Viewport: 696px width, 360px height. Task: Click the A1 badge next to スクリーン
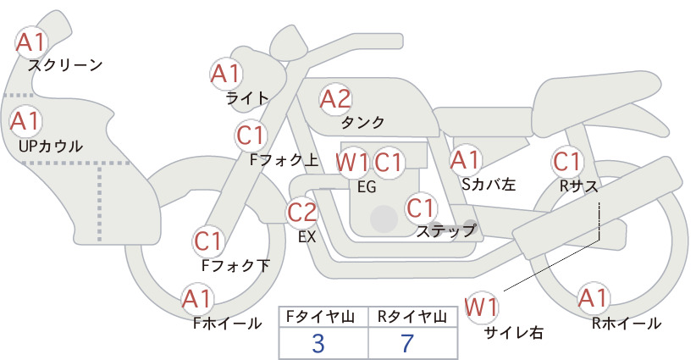coord(30,42)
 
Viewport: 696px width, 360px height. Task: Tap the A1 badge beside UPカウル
coord(25,121)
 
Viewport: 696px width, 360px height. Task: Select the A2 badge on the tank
coord(335,99)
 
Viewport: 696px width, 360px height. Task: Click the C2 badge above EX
coord(301,212)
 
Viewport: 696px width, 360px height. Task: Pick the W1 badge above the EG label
coord(351,163)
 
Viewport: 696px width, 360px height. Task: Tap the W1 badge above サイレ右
coord(481,307)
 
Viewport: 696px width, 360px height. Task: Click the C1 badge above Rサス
coord(566,162)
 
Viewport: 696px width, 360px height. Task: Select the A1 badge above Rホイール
coord(593,298)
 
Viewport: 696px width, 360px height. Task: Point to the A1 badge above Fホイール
coord(196,299)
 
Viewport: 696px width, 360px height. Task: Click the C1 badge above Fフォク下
coord(207,241)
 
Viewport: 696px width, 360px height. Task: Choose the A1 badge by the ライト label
coord(225,74)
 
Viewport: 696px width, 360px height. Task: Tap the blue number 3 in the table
coord(318,344)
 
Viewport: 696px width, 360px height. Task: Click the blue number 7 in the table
coord(407,343)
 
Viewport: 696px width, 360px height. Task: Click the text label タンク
coord(362,122)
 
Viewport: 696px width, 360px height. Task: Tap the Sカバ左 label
coord(489,184)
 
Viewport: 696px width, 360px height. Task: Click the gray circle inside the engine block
coord(384,219)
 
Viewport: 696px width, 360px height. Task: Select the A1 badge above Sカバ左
coord(465,160)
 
